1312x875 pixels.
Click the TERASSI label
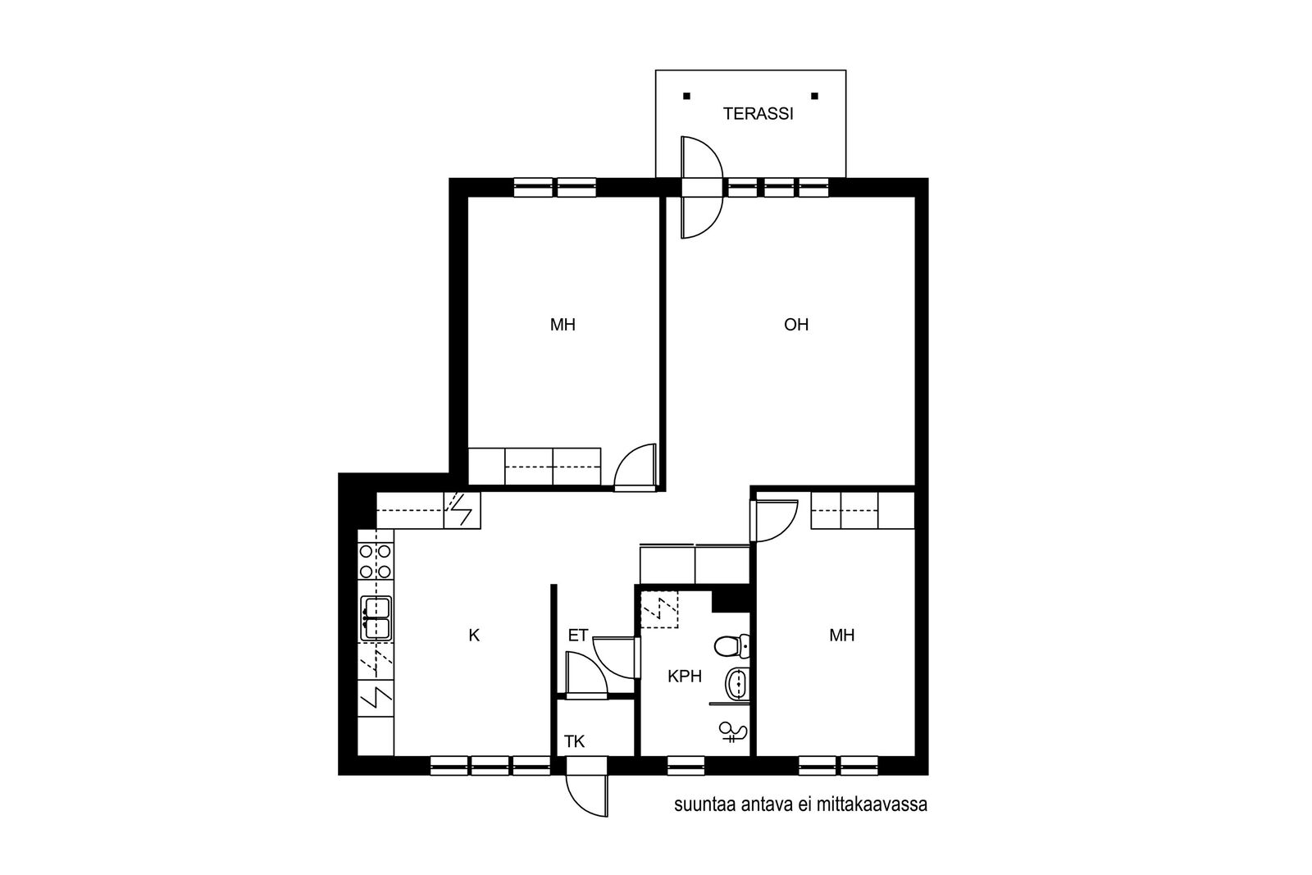pyautogui.click(x=758, y=114)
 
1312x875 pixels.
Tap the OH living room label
pyautogui.click(x=796, y=325)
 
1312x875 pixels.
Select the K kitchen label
pyautogui.click(x=475, y=635)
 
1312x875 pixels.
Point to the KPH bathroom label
pyautogui.click(x=685, y=677)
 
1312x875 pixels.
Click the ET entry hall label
pyautogui.click(x=577, y=636)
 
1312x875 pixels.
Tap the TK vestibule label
pyautogui.click(x=575, y=741)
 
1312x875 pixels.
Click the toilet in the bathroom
pyautogui.click(x=732, y=646)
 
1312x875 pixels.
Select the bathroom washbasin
pyautogui.click(x=737, y=683)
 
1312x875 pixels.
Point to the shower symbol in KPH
pyautogui.click(x=733, y=732)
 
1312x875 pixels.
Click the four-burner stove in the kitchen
pyautogui.click(x=376, y=561)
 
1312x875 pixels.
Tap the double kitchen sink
pyautogui.click(x=376, y=618)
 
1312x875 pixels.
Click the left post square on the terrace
pyautogui.click(x=687, y=96)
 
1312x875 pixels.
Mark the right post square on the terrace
pyautogui.click(x=815, y=96)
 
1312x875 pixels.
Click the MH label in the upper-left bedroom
pyautogui.click(x=563, y=325)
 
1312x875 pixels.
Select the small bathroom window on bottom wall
pyautogui.click(x=686, y=765)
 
